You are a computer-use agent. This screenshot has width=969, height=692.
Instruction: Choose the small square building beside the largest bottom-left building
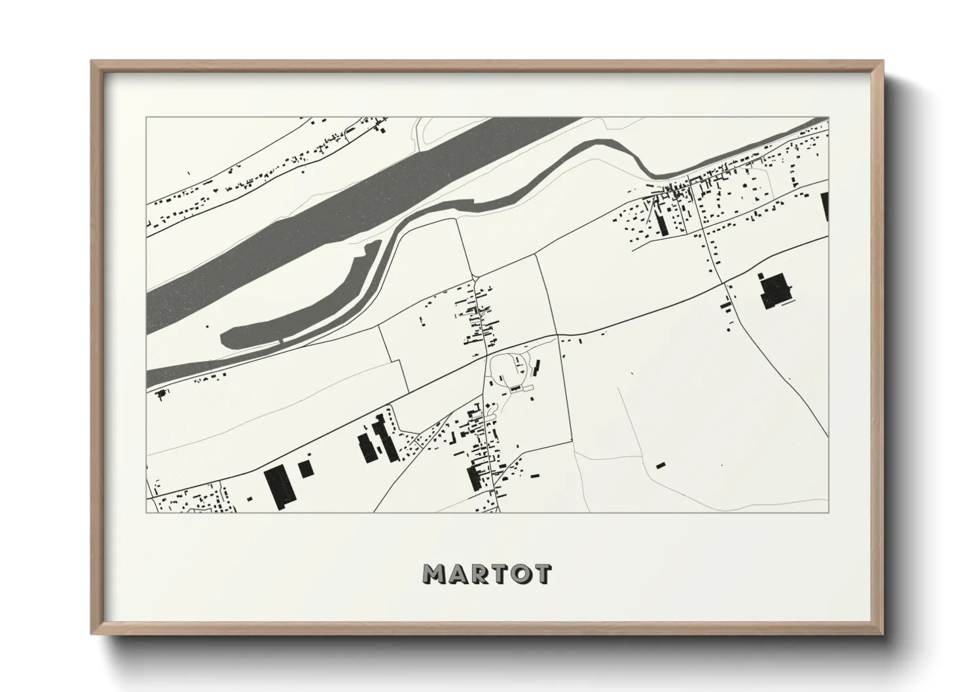tap(305, 468)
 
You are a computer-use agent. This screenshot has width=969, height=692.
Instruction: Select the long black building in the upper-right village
tap(661, 222)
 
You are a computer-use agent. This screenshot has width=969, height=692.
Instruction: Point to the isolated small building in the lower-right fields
tap(660, 465)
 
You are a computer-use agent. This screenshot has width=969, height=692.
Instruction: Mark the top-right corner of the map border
tap(828, 118)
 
